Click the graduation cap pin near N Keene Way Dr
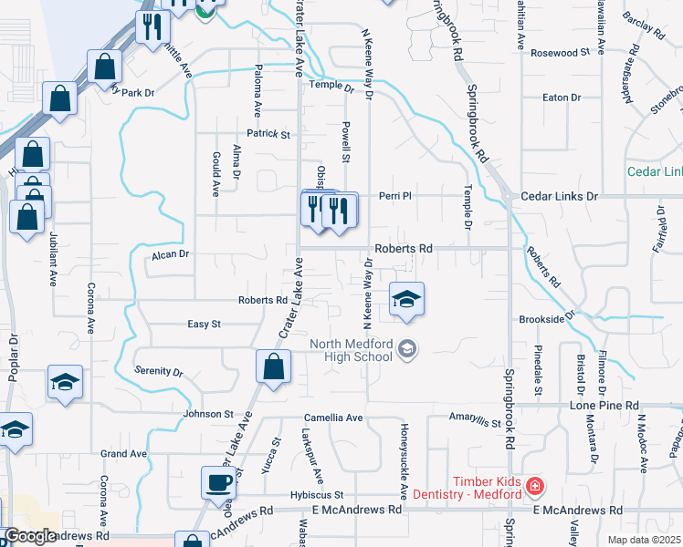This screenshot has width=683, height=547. coord(407,300)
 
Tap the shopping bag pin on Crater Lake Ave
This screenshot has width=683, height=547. coord(273,368)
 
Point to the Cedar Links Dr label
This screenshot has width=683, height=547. coord(559,196)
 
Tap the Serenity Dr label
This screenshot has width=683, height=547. coord(159,373)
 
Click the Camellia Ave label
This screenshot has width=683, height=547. coord(333,418)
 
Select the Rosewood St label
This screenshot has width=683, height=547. coord(560,53)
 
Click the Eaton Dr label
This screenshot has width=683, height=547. coord(562,97)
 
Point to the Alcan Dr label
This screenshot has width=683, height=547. coord(170,254)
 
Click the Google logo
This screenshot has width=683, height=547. coord(31,536)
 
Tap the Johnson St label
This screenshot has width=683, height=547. coord(209,414)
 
